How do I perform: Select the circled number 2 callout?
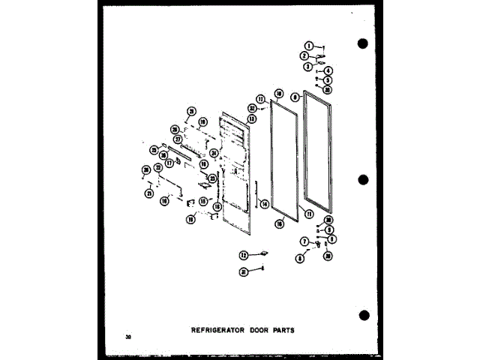coord(304,56)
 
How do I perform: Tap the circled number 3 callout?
coord(307,66)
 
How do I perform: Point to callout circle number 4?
coord(328,71)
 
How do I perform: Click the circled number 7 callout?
coord(304,241)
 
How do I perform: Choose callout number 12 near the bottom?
coord(244,255)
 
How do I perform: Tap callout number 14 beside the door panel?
coord(265,203)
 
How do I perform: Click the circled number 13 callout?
coord(252,118)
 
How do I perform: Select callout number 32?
coord(252,108)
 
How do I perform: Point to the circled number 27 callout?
coord(178,139)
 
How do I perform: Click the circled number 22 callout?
coord(158,167)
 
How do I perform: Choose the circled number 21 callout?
coord(149,193)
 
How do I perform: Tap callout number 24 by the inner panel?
coord(214,153)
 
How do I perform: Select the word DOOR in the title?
coord(262,328)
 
